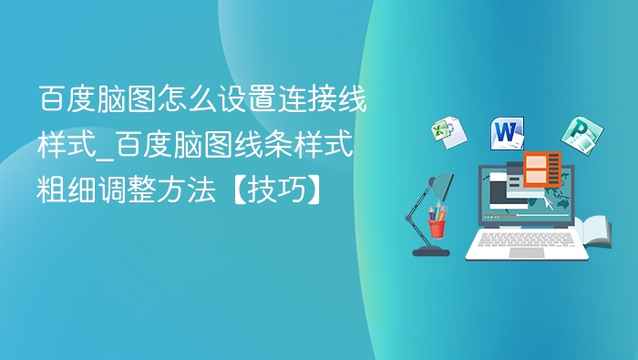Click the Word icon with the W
508,134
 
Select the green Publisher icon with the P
577,135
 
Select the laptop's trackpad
526,252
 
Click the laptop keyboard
526,240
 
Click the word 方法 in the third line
195,190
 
